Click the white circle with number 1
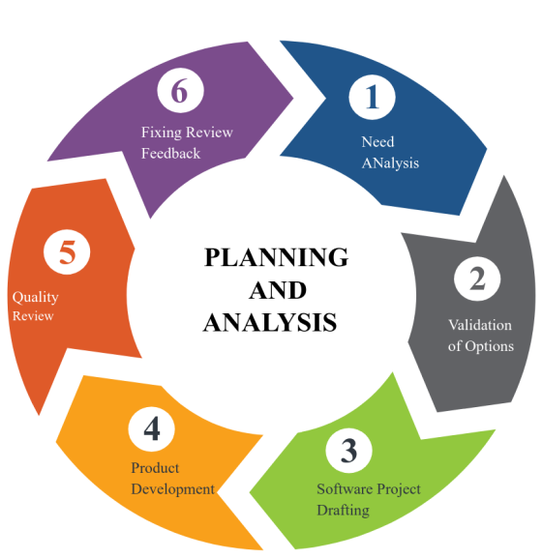[x=372, y=97]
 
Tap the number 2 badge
[x=477, y=279]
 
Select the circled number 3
[x=348, y=451]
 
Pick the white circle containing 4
[x=152, y=428]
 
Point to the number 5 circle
[x=67, y=252]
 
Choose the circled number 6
[x=180, y=90]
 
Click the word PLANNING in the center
[x=277, y=257]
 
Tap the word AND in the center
[x=278, y=290]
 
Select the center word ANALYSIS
[x=270, y=323]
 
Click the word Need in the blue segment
[x=377, y=142]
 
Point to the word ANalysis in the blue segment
[x=390, y=162]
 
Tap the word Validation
[x=480, y=325]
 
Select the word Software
[x=343, y=488]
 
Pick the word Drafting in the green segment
[x=344, y=510]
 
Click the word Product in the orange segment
[x=155, y=468]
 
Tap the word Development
[x=173, y=489]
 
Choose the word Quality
[x=35, y=297]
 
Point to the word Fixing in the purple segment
[x=162, y=132]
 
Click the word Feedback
[x=171, y=154]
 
